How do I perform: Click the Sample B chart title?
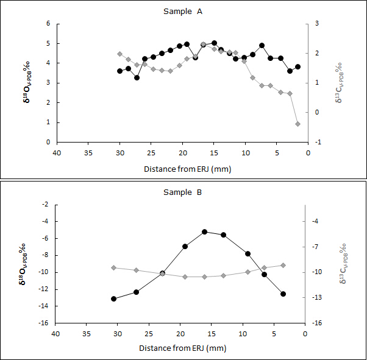click(183, 192)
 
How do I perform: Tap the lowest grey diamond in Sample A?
click(298, 124)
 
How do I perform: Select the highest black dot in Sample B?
click(205, 232)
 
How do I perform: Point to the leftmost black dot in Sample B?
click(114, 298)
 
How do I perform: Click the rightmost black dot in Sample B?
click(283, 294)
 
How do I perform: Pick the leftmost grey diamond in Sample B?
click(114, 267)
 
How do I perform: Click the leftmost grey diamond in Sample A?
click(119, 54)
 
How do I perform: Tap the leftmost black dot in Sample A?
click(119, 71)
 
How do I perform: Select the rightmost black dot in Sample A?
click(298, 67)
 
